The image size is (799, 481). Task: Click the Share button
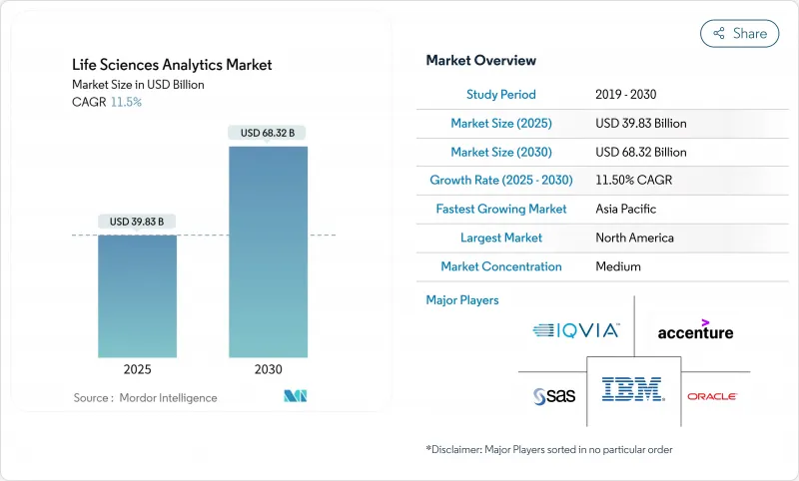pyautogui.click(x=739, y=33)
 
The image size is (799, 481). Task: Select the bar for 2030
pyautogui.click(x=268, y=251)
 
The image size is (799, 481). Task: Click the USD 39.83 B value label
pyautogui.click(x=138, y=222)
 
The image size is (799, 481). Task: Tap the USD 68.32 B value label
pyautogui.click(x=268, y=133)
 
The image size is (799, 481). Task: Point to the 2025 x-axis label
pyautogui.click(x=138, y=369)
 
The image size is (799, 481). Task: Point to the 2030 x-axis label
pyautogui.click(x=268, y=369)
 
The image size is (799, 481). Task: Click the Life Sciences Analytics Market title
pyautogui.click(x=172, y=65)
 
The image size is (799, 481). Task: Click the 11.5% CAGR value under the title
pyautogui.click(x=125, y=102)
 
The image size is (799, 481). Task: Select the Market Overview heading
pyautogui.click(x=480, y=61)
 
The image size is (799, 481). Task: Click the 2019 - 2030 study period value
pyautogui.click(x=627, y=95)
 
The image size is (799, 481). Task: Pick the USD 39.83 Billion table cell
pyautogui.click(x=640, y=124)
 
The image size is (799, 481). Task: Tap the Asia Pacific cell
pyautogui.click(x=627, y=210)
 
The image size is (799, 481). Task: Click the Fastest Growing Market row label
pyautogui.click(x=501, y=210)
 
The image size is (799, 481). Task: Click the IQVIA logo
pyautogui.click(x=576, y=330)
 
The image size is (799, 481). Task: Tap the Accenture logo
pyautogui.click(x=695, y=329)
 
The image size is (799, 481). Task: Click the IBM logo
pyautogui.click(x=633, y=390)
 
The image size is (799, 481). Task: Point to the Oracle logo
pyautogui.click(x=712, y=396)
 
